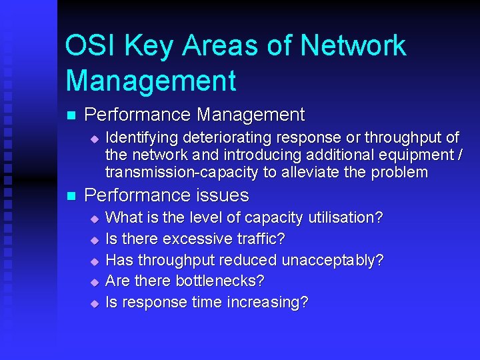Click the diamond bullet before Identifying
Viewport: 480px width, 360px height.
(95, 139)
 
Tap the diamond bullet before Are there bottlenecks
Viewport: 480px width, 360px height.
(95, 281)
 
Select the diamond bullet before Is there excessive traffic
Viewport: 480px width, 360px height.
(95, 239)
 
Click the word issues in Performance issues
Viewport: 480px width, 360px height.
(223, 195)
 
